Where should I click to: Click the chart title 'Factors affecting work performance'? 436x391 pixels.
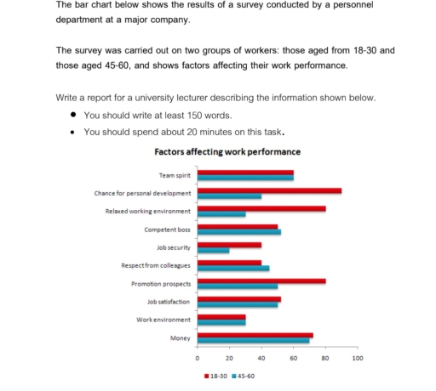click(x=227, y=152)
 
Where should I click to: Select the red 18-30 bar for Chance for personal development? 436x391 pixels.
click(x=269, y=190)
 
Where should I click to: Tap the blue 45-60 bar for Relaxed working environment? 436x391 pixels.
click(x=221, y=212)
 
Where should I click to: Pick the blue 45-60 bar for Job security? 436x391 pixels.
click(x=213, y=250)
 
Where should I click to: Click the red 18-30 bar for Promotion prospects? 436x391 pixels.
click(x=261, y=280)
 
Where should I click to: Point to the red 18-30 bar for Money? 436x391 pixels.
click(x=255, y=336)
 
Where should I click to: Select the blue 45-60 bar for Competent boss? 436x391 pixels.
click(x=238, y=231)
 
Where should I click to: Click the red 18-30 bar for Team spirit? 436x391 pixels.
click(x=245, y=173)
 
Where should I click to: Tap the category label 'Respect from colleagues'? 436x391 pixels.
click(x=156, y=265)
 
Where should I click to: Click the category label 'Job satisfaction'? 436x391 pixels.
click(x=169, y=302)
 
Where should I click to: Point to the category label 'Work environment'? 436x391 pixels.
click(x=163, y=320)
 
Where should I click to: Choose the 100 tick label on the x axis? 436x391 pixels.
click(x=357, y=359)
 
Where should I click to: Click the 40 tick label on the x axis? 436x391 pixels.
click(x=261, y=359)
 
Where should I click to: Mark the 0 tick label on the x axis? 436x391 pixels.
click(x=198, y=359)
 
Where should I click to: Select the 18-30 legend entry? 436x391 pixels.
click(x=216, y=375)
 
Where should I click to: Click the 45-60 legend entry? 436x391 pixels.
click(x=244, y=375)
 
